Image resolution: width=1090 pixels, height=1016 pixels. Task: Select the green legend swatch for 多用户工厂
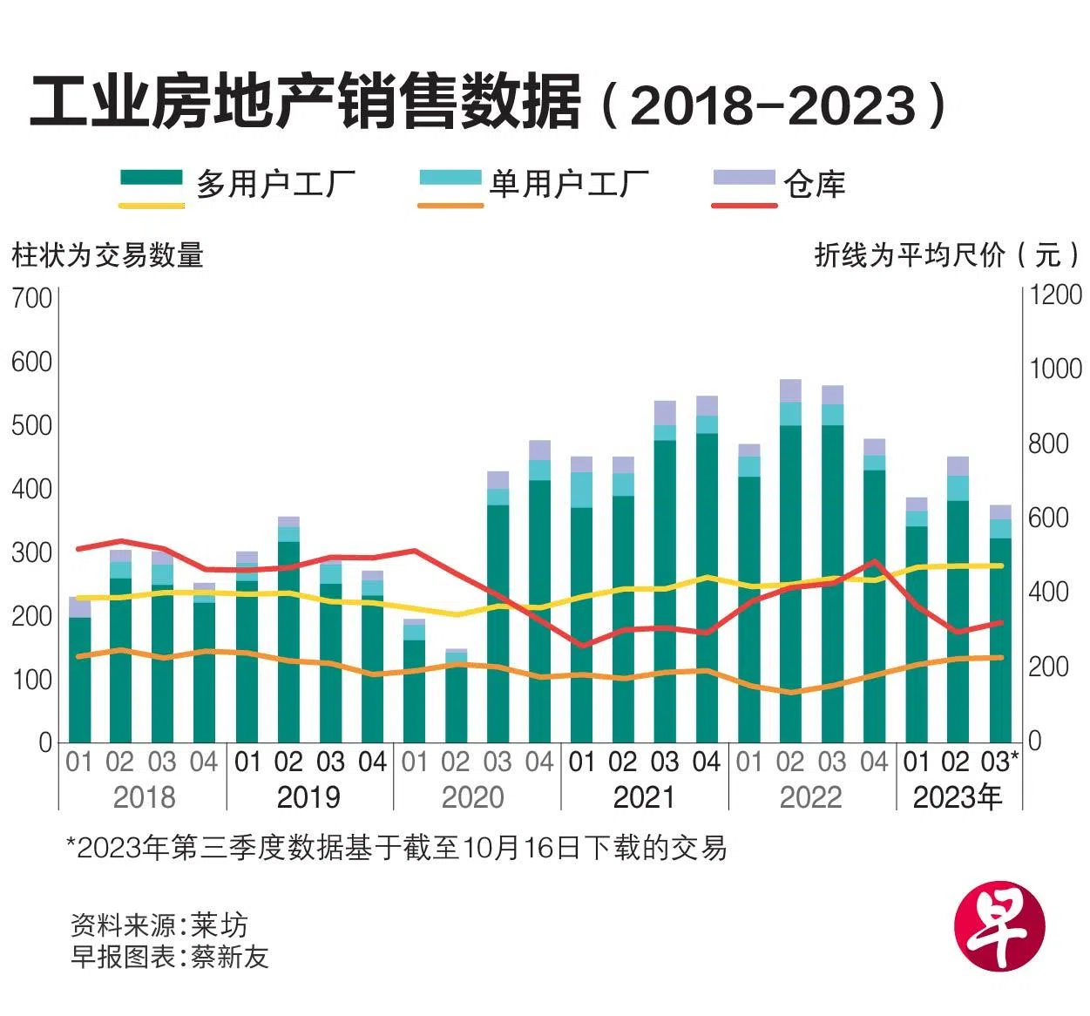point(152,179)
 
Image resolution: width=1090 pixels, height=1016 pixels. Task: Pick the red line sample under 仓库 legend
point(744,206)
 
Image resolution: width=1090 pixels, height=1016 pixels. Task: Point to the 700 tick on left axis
point(32,298)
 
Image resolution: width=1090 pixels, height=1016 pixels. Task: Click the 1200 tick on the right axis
point(1055,295)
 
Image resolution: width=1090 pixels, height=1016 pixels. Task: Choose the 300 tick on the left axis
point(32,552)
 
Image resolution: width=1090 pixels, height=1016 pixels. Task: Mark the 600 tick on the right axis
point(1049,518)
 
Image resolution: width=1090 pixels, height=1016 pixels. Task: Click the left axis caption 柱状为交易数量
point(107,255)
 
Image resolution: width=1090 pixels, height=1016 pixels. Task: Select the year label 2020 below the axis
point(472,796)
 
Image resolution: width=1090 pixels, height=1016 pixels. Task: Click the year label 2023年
point(957,796)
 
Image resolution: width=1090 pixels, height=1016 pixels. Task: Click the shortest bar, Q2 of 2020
point(456,697)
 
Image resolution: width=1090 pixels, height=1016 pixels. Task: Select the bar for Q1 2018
point(79,671)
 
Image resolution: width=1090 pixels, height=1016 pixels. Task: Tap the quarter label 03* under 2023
point(999,762)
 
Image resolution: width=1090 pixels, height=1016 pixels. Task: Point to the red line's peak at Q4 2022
point(874,562)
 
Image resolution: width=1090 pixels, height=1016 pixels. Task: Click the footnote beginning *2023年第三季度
point(396,847)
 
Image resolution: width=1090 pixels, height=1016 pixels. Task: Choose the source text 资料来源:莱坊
point(159,925)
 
